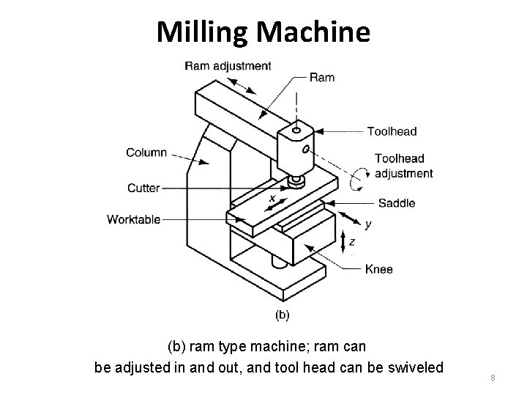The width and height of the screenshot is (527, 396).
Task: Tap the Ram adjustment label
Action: [228, 65]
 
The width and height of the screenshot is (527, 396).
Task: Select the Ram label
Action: [323, 77]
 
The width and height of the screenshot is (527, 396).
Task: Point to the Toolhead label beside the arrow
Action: [392, 131]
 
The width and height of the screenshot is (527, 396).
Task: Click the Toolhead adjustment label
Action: [403, 166]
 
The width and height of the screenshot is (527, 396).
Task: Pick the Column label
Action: [146, 153]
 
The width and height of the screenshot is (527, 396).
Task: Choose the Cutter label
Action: [143, 188]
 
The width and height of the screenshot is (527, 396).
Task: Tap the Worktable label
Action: [133, 219]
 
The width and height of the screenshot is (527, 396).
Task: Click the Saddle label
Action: [396, 203]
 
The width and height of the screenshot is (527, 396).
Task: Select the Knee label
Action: [379, 269]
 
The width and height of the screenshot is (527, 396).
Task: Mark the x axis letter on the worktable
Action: [272, 199]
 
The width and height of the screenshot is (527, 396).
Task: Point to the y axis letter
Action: [368, 224]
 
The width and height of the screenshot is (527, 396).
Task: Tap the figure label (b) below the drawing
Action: [282, 315]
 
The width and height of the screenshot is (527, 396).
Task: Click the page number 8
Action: [493, 378]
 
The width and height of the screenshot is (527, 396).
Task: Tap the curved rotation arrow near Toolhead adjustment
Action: [360, 177]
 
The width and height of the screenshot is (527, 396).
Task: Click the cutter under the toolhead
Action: [296, 180]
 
